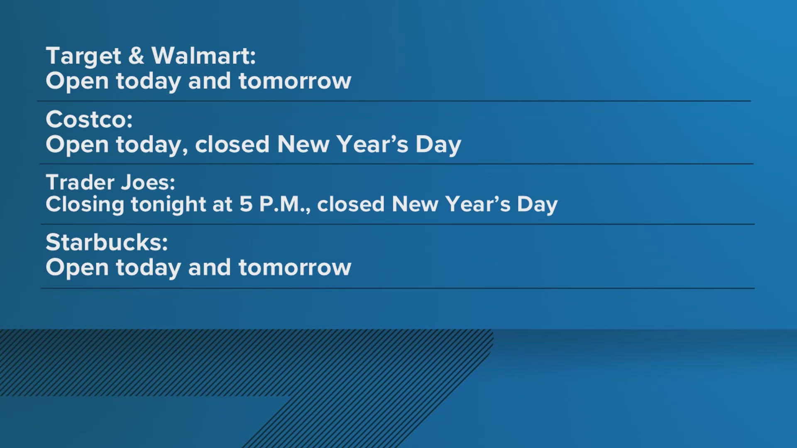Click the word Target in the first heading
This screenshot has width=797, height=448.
pos(83,56)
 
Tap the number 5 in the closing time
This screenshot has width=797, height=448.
pos(246,204)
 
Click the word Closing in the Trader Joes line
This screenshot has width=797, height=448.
pos(85,205)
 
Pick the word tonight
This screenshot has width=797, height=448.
pos(169,205)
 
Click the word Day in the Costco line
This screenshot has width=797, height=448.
pos(438,145)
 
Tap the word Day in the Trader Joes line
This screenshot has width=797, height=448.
pos(537,205)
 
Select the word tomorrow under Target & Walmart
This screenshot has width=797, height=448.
pos(295,81)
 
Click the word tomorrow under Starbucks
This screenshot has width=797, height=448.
pos(295,268)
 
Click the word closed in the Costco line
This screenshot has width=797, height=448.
pos(232,144)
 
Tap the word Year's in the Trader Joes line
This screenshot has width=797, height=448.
pos(478,204)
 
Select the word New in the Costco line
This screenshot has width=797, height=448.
pos(303,144)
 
